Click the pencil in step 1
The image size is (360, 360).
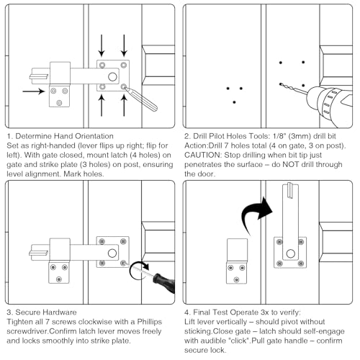(x=141, y=99)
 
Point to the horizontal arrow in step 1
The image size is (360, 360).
(x=34, y=91)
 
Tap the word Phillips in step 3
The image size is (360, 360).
(x=150, y=322)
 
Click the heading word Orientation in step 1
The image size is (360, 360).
(x=94, y=136)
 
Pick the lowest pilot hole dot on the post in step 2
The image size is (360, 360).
(x=234, y=102)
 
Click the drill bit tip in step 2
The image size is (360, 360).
(x=280, y=84)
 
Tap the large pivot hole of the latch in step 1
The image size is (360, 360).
(x=112, y=77)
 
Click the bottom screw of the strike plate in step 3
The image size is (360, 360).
(x=59, y=279)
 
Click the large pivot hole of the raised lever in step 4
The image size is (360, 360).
(x=291, y=253)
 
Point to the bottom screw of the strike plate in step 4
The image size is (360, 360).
(x=237, y=279)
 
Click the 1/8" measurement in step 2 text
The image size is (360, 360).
(x=279, y=136)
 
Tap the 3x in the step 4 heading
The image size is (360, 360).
(x=264, y=312)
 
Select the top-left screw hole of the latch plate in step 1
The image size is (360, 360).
(x=102, y=65)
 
